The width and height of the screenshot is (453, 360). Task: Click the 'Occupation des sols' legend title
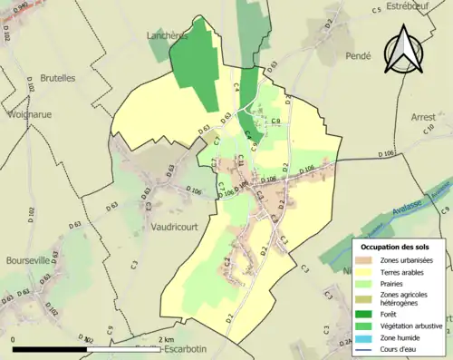(x=397, y=246)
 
